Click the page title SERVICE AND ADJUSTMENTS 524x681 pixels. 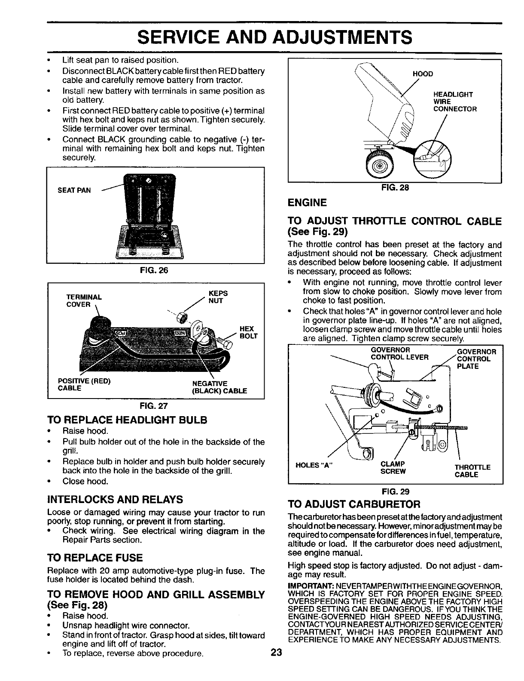tap(274, 37)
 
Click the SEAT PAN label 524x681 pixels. tap(74, 190)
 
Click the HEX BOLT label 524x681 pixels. tap(249, 332)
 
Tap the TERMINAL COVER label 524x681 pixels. tap(83, 301)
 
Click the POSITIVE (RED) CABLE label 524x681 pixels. tap(84, 384)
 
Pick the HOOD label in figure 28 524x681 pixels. tap(423, 74)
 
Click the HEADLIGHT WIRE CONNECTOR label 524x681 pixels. tap(455, 101)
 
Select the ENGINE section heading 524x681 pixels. tap(308, 202)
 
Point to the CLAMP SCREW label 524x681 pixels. tap(393, 467)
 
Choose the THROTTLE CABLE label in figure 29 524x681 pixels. tap(472, 471)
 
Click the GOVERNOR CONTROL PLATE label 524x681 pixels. tap(477, 359)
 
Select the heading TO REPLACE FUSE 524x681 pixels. tap(95, 558)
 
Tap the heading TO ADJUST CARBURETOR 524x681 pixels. tap(353, 503)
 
